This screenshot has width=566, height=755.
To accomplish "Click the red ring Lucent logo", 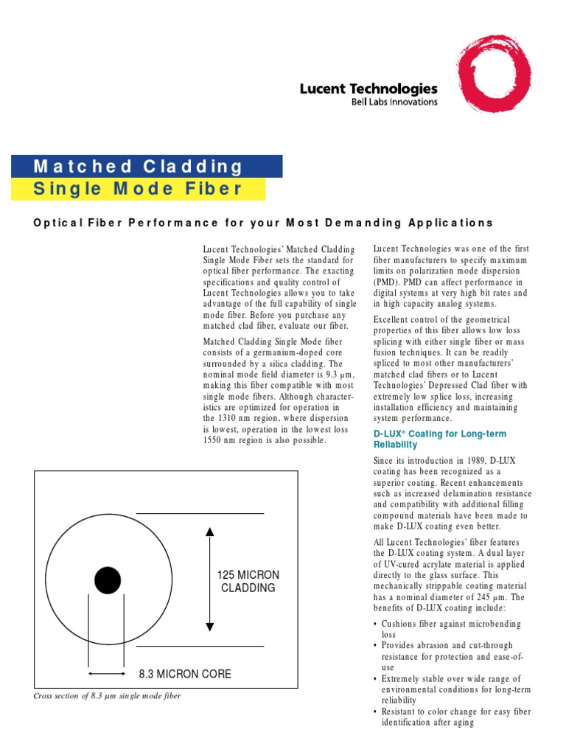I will pos(493,73).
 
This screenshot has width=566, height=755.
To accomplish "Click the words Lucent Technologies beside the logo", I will pos(368,88).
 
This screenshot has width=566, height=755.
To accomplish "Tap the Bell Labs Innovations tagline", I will pos(394,102).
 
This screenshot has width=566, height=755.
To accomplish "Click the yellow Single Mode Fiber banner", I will pos(139,189).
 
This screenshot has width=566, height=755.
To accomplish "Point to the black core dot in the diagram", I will pos(108,580).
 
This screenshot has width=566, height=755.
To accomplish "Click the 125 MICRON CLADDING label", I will pos(248,581).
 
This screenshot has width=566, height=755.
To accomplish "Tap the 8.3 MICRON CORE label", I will pos(185,674).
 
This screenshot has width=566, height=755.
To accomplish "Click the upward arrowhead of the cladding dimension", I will pos(210,531).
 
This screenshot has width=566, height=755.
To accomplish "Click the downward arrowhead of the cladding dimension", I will pos(210,627).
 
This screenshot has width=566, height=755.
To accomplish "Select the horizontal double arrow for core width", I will pos(107,673).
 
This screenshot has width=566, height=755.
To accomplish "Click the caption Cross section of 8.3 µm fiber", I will pos(108,696).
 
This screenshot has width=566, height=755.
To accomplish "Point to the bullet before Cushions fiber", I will pos(376,624).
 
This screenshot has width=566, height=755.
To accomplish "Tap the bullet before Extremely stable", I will pos(376,679).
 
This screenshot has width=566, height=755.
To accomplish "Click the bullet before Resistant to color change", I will pos(376,712).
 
